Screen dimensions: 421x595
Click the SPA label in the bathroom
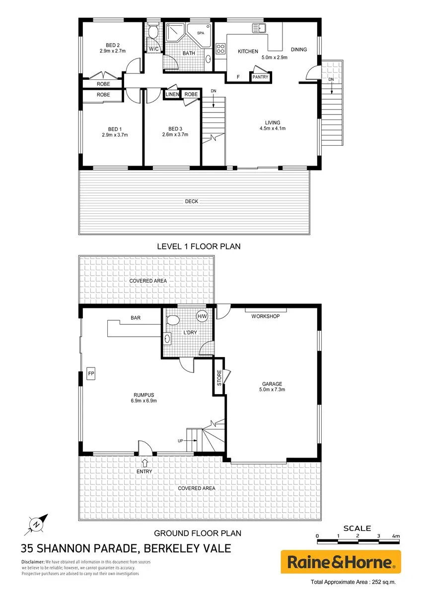pos(201,33)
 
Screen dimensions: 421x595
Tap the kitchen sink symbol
pos(259,28)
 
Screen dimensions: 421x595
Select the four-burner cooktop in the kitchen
pos(220,49)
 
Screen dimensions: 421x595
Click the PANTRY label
pos(260,77)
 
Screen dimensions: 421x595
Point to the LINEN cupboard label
pos(172,94)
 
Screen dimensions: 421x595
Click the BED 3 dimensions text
pos(175,135)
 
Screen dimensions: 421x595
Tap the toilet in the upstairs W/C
pos(153,32)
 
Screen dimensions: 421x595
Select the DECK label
pos(192,202)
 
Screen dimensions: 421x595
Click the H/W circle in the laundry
pos(202,316)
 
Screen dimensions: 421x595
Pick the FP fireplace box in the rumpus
pos(91,373)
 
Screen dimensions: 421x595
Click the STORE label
pos(219,378)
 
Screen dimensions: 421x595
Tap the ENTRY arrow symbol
pos(144,463)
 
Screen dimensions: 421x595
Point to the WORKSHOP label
pos(266,316)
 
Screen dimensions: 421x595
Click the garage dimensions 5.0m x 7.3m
pos(272,390)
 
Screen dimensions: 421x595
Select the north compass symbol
pos(36,525)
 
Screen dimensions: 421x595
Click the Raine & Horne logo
pos(341,562)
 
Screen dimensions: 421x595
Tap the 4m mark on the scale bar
pos(396,536)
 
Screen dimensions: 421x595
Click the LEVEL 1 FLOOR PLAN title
pos(199,246)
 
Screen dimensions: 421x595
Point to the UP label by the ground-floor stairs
pos(180,441)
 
